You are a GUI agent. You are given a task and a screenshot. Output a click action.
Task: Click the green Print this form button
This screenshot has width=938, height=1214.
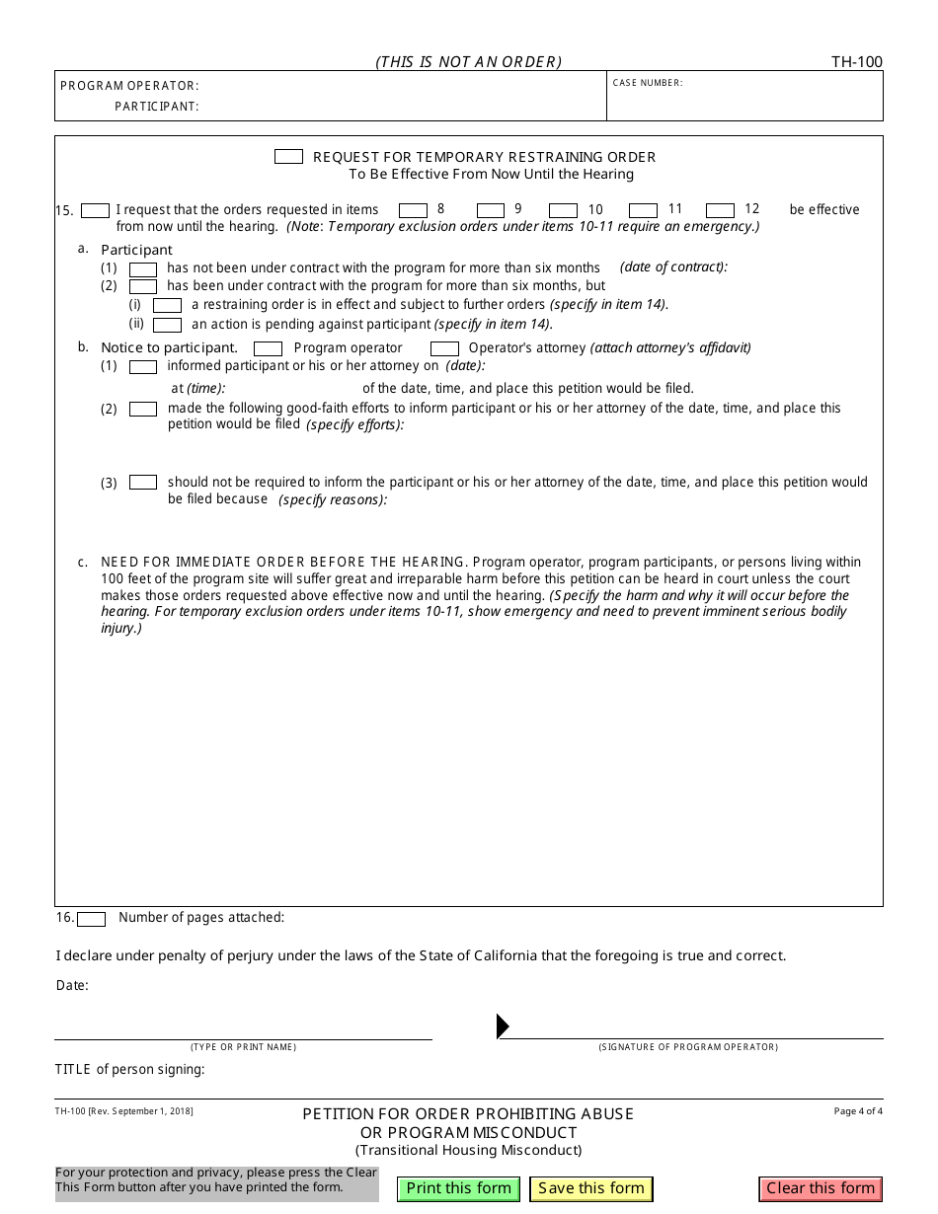coord(458,1188)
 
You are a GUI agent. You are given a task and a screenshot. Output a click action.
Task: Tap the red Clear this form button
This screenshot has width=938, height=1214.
coord(821,1188)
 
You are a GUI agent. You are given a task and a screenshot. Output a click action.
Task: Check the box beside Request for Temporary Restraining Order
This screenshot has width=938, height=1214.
coord(288,157)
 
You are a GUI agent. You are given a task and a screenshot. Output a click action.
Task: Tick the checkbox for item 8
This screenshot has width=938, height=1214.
coord(413,210)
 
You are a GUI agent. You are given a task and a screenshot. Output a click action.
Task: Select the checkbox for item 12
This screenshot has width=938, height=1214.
coord(720,210)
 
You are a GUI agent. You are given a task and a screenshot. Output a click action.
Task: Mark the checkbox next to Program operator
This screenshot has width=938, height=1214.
coord(268,348)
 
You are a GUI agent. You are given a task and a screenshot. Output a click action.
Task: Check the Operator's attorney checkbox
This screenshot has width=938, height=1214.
coord(444,348)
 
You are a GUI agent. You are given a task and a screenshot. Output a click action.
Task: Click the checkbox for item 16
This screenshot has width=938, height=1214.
coord(91,919)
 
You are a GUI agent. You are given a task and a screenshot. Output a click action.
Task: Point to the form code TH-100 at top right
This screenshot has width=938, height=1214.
coord(856,62)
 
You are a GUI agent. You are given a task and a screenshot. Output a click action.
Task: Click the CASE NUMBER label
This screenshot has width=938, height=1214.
coord(648,83)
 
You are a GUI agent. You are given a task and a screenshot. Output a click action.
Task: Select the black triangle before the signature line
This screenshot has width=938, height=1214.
coord(503,1026)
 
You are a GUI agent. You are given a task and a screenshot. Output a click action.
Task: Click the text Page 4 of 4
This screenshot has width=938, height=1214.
coord(858,1111)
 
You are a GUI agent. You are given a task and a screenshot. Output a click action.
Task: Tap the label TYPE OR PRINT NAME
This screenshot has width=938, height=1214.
coord(243,1047)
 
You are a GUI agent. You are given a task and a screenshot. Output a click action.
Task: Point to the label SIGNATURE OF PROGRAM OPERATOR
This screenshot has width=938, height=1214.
coord(688,1047)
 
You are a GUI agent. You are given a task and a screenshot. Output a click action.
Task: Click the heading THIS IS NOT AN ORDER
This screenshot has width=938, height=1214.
coord(468,62)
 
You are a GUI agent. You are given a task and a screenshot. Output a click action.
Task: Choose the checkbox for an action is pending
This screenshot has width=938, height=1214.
coord(167,325)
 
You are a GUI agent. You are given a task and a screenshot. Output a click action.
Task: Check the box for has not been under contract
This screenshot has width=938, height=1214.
coord(143,269)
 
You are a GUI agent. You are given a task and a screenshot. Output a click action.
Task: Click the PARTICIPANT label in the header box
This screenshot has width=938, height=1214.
coord(156,107)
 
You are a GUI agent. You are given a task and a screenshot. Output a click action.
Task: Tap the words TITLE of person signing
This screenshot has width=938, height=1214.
coord(129,1069)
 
